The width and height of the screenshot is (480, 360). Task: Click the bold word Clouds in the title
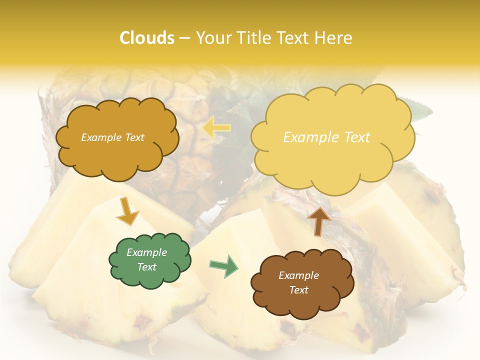tap(147, 38)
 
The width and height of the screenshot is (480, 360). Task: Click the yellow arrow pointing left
tap(216, 128)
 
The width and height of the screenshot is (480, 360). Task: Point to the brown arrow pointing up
tap(319, 221)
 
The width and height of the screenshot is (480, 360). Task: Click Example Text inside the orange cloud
tap(112, 137)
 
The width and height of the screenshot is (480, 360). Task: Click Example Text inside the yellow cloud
tap(326, 137)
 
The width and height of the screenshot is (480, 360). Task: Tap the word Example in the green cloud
tap(146, 252)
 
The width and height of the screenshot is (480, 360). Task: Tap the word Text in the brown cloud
tap(298, 290)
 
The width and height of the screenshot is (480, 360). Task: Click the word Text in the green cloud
tap(146, 267)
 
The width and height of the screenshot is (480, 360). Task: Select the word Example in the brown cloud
tap(298, 275)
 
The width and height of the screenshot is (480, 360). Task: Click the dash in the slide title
tap(185, 38)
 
